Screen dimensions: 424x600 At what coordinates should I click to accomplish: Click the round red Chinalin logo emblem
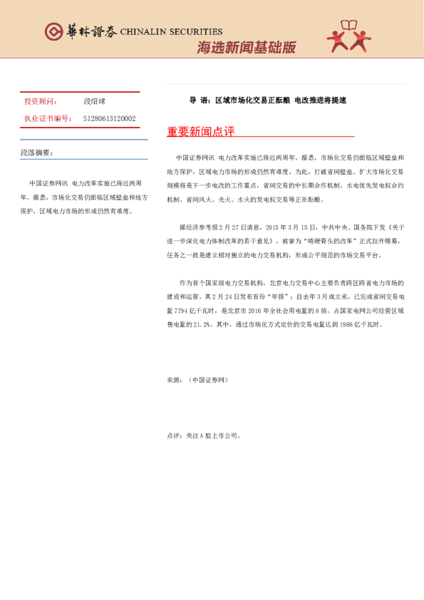pos(54,31)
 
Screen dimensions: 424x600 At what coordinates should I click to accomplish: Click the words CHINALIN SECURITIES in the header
pos(171,32)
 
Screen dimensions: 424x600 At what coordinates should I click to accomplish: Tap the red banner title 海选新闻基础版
pos(246,48)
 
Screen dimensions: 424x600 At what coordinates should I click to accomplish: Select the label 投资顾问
pos(41,103)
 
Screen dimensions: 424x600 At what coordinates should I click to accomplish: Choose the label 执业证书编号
pos(48,118)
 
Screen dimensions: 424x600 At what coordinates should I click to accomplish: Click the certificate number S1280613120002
pos(109,118)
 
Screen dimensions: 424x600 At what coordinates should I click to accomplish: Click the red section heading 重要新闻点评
pos(200,132)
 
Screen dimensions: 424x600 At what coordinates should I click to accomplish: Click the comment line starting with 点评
pos(204,435)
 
